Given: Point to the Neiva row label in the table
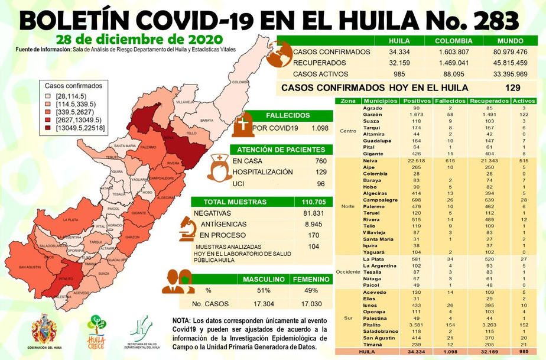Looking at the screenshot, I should (x=370, y=161).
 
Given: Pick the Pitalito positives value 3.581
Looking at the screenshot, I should (x=408, y=325).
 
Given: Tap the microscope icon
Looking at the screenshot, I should (x=189, y=226).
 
